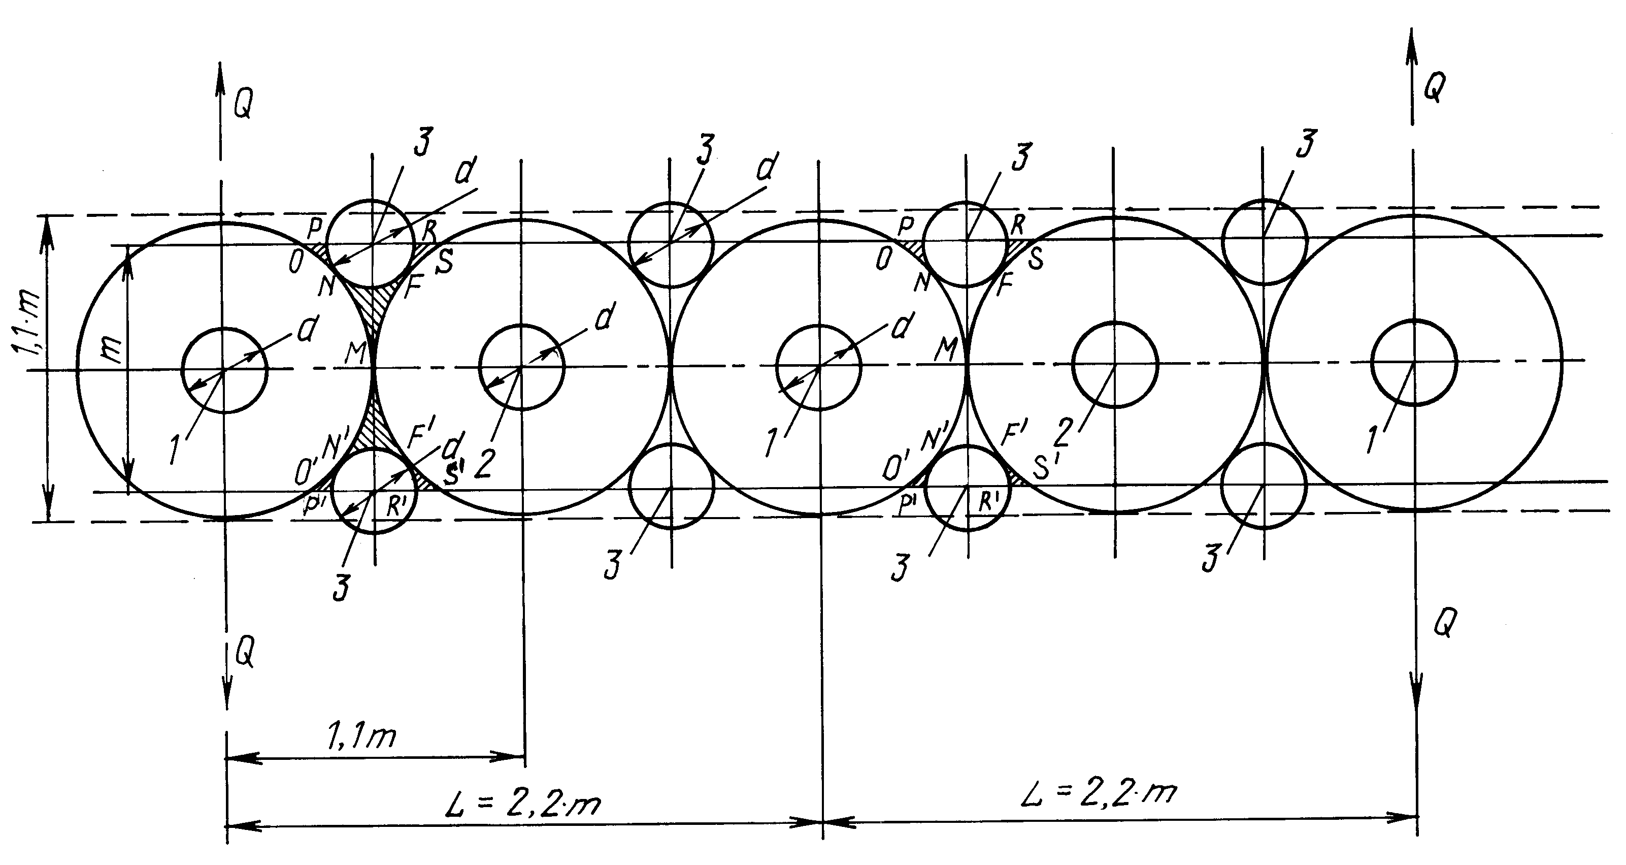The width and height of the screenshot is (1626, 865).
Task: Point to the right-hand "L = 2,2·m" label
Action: click(x=1099, y=792)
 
